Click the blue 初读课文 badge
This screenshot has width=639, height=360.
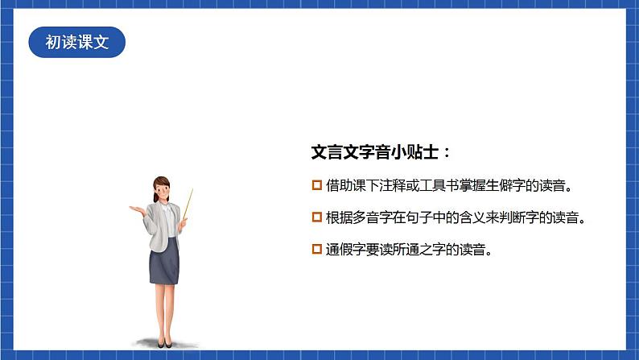click(76, 43)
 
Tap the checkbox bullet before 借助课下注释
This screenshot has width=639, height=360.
click(316, 186)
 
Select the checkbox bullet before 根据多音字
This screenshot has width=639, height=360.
click(316, 217)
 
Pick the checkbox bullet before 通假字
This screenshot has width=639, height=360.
click(316, 250)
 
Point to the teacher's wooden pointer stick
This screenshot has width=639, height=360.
click(188, 204)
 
